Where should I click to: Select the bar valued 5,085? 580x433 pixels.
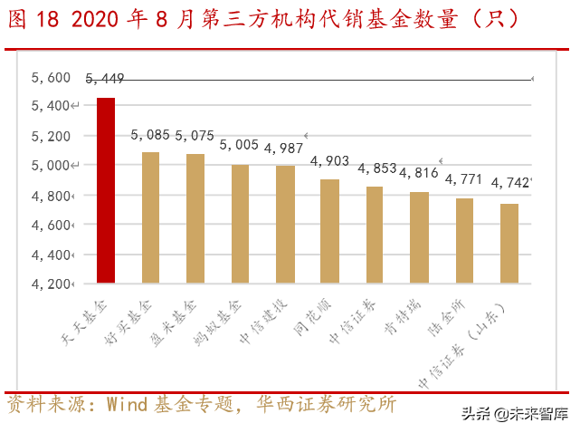tap(151, 217)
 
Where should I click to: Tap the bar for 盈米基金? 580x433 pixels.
tap(195, 218)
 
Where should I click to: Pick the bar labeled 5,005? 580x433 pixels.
tap(240, 224)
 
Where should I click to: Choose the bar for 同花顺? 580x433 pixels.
tap(329, 231)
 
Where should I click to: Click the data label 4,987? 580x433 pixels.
tap(284, 149)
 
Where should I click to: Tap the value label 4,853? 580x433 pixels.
tap(376, 168)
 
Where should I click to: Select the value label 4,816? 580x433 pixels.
tap(419, 173)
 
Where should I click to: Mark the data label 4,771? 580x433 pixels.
tap(464, 179)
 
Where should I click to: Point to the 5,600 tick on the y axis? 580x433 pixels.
tap(51, 78)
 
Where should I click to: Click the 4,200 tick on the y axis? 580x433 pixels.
tap(51, 284)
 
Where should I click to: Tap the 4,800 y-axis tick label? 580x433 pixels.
tap(51, 196)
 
